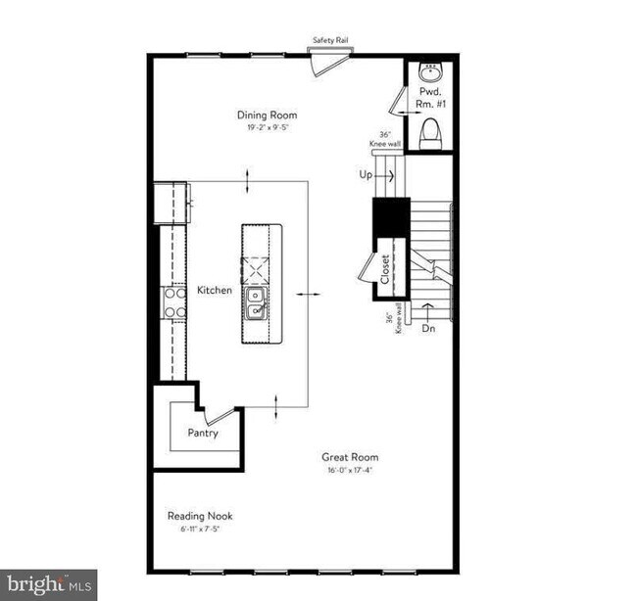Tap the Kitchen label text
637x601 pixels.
tap(215, 290)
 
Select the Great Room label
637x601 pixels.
tap(350, 457)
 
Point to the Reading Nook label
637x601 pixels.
tap(199, 516)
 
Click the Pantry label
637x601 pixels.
tap(203, 433)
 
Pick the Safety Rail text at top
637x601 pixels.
tap(330, 40)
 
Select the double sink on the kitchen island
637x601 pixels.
tap(257, 303)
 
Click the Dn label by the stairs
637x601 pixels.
tap(428, 329)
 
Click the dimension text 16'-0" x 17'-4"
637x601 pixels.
tap(350, 470)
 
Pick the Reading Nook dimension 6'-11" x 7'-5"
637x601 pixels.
tap(199, 529)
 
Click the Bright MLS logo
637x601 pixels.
tap(48, 584)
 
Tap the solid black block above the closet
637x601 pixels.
tap(389, 216)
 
